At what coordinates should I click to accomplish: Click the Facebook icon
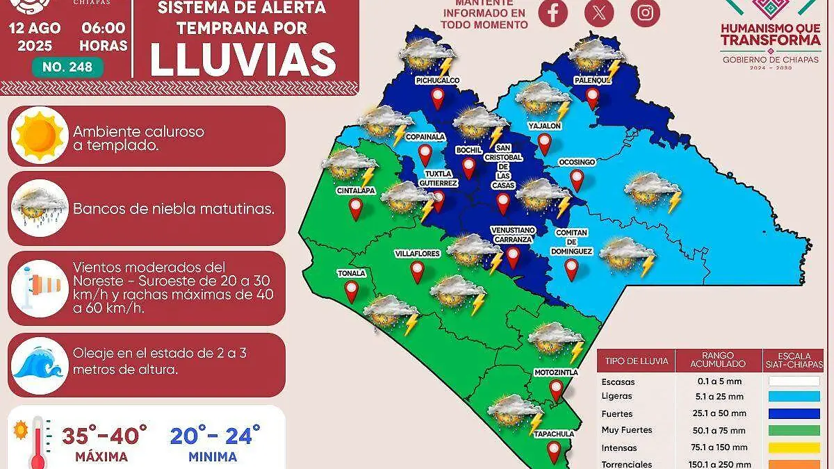pos(553,13)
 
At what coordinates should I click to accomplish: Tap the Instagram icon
pos(645,13)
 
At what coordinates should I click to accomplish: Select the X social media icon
pos(599,13)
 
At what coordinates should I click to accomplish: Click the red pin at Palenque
pos(592,97)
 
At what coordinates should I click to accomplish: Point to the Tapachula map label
pos(554,434)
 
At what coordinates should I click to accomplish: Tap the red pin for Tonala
pos(352,291)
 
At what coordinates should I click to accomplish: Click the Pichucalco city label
pos(437,81)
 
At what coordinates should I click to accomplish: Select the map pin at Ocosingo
pos(577,180)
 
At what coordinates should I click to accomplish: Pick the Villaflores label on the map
pos(417,254)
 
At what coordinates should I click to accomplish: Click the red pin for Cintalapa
pos(356,208)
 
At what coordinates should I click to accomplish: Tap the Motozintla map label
pos(556,372)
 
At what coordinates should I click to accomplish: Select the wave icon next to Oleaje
pos(40,365)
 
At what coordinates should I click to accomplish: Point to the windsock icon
pos(40,284)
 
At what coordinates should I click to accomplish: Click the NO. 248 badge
pos(67,67)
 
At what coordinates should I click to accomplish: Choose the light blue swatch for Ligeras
pos(794,396)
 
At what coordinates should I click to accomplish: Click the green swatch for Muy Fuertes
pos(794,430)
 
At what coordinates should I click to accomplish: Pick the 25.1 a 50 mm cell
pos(719,413)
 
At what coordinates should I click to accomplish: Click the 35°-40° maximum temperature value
pos(105,436)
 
